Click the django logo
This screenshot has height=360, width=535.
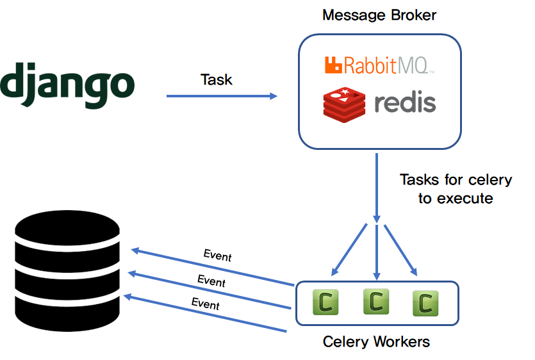[67, 85]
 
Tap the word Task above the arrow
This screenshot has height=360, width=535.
[217, 79]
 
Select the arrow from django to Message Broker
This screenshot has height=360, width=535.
[222, 96]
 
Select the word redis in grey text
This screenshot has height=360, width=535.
[404, 102]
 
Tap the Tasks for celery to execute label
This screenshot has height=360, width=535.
[456, 188]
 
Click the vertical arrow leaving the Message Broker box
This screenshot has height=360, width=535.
[377, 186]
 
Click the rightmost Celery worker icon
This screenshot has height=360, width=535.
[425, 304]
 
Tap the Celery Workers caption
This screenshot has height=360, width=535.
[376, 341]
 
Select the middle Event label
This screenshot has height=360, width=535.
[211, 280]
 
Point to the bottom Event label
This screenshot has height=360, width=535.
[206, 303]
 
